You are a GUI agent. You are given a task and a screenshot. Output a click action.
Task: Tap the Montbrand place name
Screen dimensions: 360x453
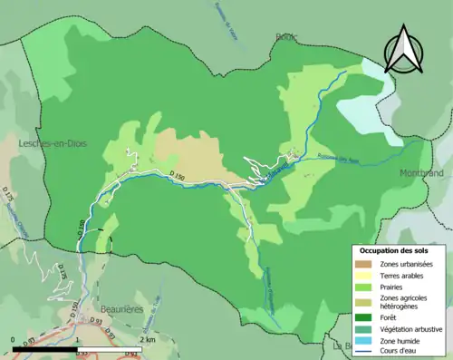click(x=422, y=171)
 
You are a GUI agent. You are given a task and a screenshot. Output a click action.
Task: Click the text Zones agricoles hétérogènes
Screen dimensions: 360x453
click(x=404, y=302)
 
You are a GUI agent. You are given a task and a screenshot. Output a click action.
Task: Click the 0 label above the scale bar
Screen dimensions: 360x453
click(x=14, y=339)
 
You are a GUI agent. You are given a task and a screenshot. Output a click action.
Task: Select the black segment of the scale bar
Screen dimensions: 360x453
click(x=45, y=348)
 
